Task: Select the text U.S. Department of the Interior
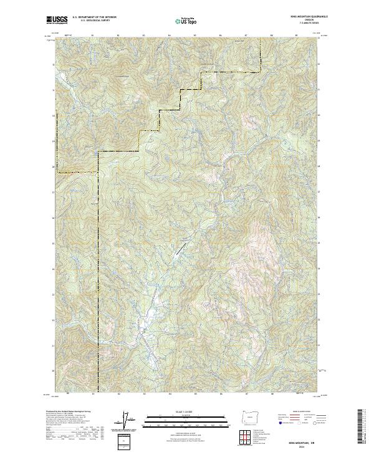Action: click(x=94, y=17)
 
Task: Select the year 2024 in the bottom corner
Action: click(x=304, y=446)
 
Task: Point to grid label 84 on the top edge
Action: click(x=170, y=35)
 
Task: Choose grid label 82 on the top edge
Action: click(x=118, y=35)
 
